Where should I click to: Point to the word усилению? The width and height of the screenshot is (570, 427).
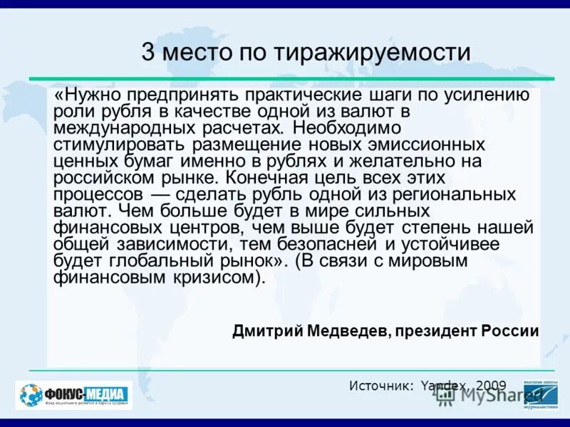(x=488, y=95)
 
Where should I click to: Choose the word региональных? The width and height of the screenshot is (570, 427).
(x=450, y=194)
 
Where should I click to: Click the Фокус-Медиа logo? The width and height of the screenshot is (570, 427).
(x=74, y=395)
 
